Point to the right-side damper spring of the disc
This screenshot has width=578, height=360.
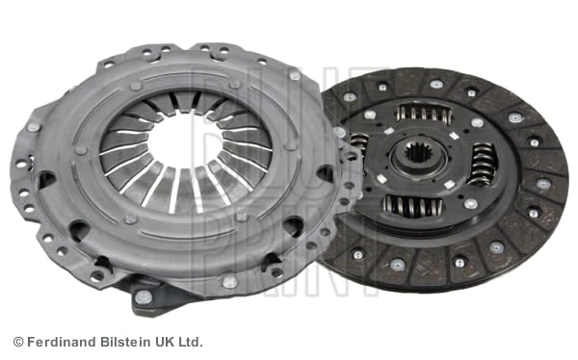pyautogui.click(x=481, y=164)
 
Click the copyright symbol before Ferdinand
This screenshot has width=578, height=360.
pyautogui.click(x=17, y=342)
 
